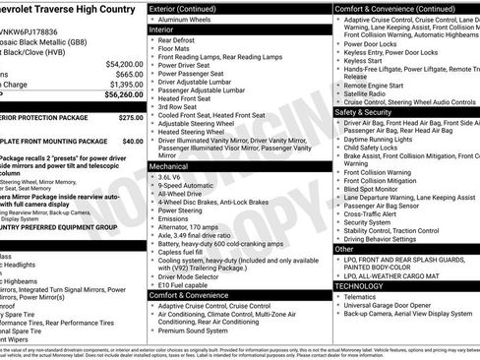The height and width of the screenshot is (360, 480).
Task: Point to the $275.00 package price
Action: (131, 116)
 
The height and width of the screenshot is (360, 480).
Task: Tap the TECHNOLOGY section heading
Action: (367, 284)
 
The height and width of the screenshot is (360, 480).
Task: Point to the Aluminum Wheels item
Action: (192, 19)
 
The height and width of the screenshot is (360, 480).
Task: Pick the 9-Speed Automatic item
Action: (192, 186)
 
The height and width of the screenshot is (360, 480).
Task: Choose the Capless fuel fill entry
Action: (187, 250)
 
